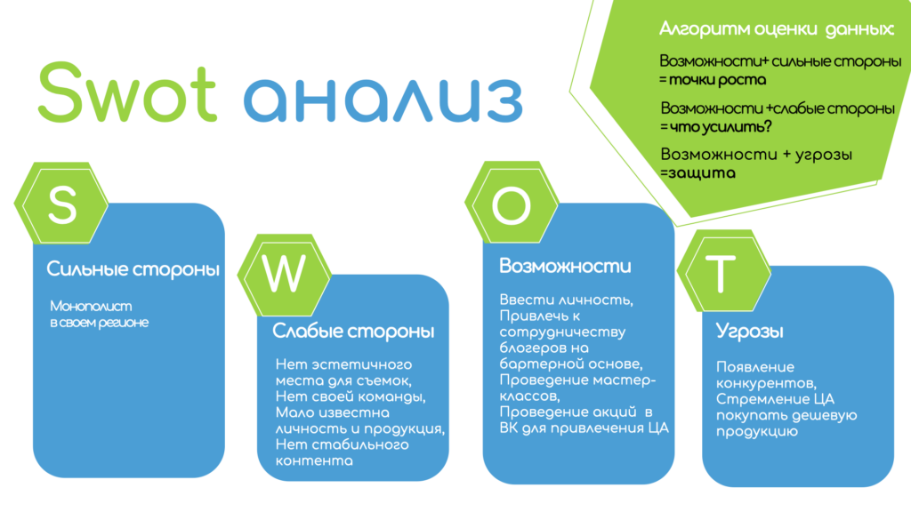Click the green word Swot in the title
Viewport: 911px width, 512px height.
pos(128,92)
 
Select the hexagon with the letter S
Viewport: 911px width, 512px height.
pos(61,204)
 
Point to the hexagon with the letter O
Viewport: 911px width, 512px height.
pos(512,203)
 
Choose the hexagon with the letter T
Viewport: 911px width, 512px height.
pos(724,271)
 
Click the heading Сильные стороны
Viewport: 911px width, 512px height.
pos(133,269)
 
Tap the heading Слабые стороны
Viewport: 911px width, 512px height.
pos(353,332)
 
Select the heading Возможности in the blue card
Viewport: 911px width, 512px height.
pos(565,267)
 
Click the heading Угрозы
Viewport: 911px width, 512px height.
pos(749,332)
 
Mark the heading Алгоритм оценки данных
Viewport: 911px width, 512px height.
pos(776,29)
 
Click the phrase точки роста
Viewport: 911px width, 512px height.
pos(718,79)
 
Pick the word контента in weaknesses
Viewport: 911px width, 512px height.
pos(314,461)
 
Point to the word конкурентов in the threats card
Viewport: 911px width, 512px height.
pos(766,384)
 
